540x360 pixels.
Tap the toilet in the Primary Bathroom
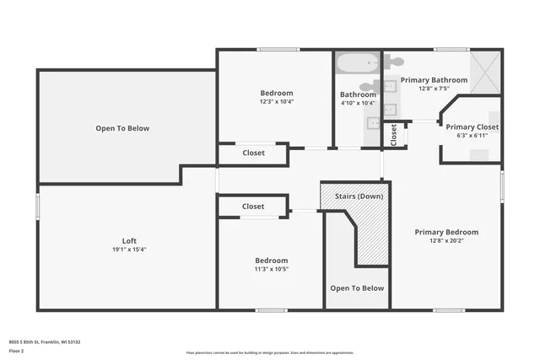click(396, 62)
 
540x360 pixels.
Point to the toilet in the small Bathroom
click(368, 85)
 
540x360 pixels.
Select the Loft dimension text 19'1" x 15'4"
click(129, 250)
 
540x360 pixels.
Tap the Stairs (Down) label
click(359, 196)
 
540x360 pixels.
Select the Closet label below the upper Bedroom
click(253, 153)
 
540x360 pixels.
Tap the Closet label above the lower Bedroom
click(253, 207)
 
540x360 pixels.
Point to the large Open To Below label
click(122, 128)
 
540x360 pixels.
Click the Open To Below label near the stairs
click(357, 288)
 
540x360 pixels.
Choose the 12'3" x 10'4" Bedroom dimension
click(276, 102)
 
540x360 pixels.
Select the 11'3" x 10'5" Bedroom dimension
click(272, 270)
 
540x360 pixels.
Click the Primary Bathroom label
click(434, 80)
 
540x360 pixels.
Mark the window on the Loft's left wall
click(37, 207)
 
